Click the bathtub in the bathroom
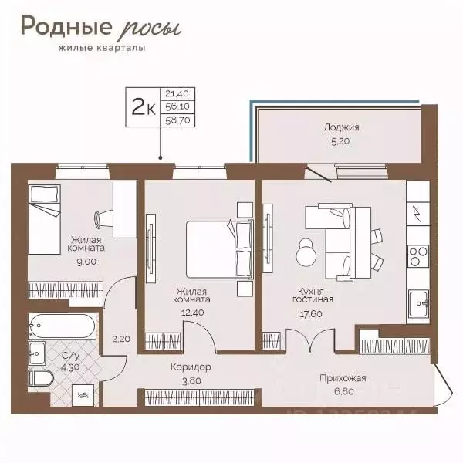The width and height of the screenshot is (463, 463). pyautogui.click(x=62, y=326)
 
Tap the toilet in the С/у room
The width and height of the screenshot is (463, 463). pyautogui.click(x=41, y=378)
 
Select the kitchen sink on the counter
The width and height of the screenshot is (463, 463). pyautogui.click(x=418, y=303)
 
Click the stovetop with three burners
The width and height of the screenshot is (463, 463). pyautogui.click(x=418, y=256)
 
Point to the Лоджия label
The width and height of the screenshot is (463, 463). pyautogui.click(x=341, y=127)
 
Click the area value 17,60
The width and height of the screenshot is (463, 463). pyautogui.click(x=311, y=314)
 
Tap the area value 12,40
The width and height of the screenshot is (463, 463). pyautogui.click(x=193, y=313)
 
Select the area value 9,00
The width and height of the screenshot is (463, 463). pyautogui.click(x=86, y=262)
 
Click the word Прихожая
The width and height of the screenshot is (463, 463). pyautogui.click(x=343, y=378)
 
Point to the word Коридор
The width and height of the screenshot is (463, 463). pyautogui.click(x=191, y=367)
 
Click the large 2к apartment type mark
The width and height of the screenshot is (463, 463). pyautogui.click(x=144, y=107)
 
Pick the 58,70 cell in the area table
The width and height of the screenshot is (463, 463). pyautogui.click(x=177, y=120)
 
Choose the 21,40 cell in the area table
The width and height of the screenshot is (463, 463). pyautogui.click(x=177, y=94)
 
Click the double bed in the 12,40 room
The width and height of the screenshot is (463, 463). pyautogui.click(x=220, y=249)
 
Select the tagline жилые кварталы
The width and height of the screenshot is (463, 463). pyautogui.click(x=102, y=48)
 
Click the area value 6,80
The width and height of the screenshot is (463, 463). pyautogui.click(x=344, y=391)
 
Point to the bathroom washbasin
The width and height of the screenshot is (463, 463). pyautogui.click(x=37, y=353)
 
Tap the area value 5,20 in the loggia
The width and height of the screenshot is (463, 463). pyautogui.click(x=340, y=141)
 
